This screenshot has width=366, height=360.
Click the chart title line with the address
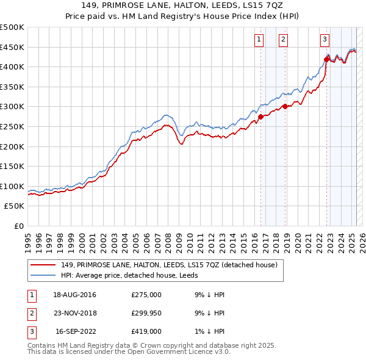click(182, 5)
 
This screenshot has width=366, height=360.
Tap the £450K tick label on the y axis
click(12, 47)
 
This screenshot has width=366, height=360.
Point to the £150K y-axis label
click(12, 167)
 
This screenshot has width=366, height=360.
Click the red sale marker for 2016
click(260, 117)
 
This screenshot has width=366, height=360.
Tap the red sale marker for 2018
click(285, 106)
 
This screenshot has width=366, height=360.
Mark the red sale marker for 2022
click(326, 59)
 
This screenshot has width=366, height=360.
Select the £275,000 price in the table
click(146, 295)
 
